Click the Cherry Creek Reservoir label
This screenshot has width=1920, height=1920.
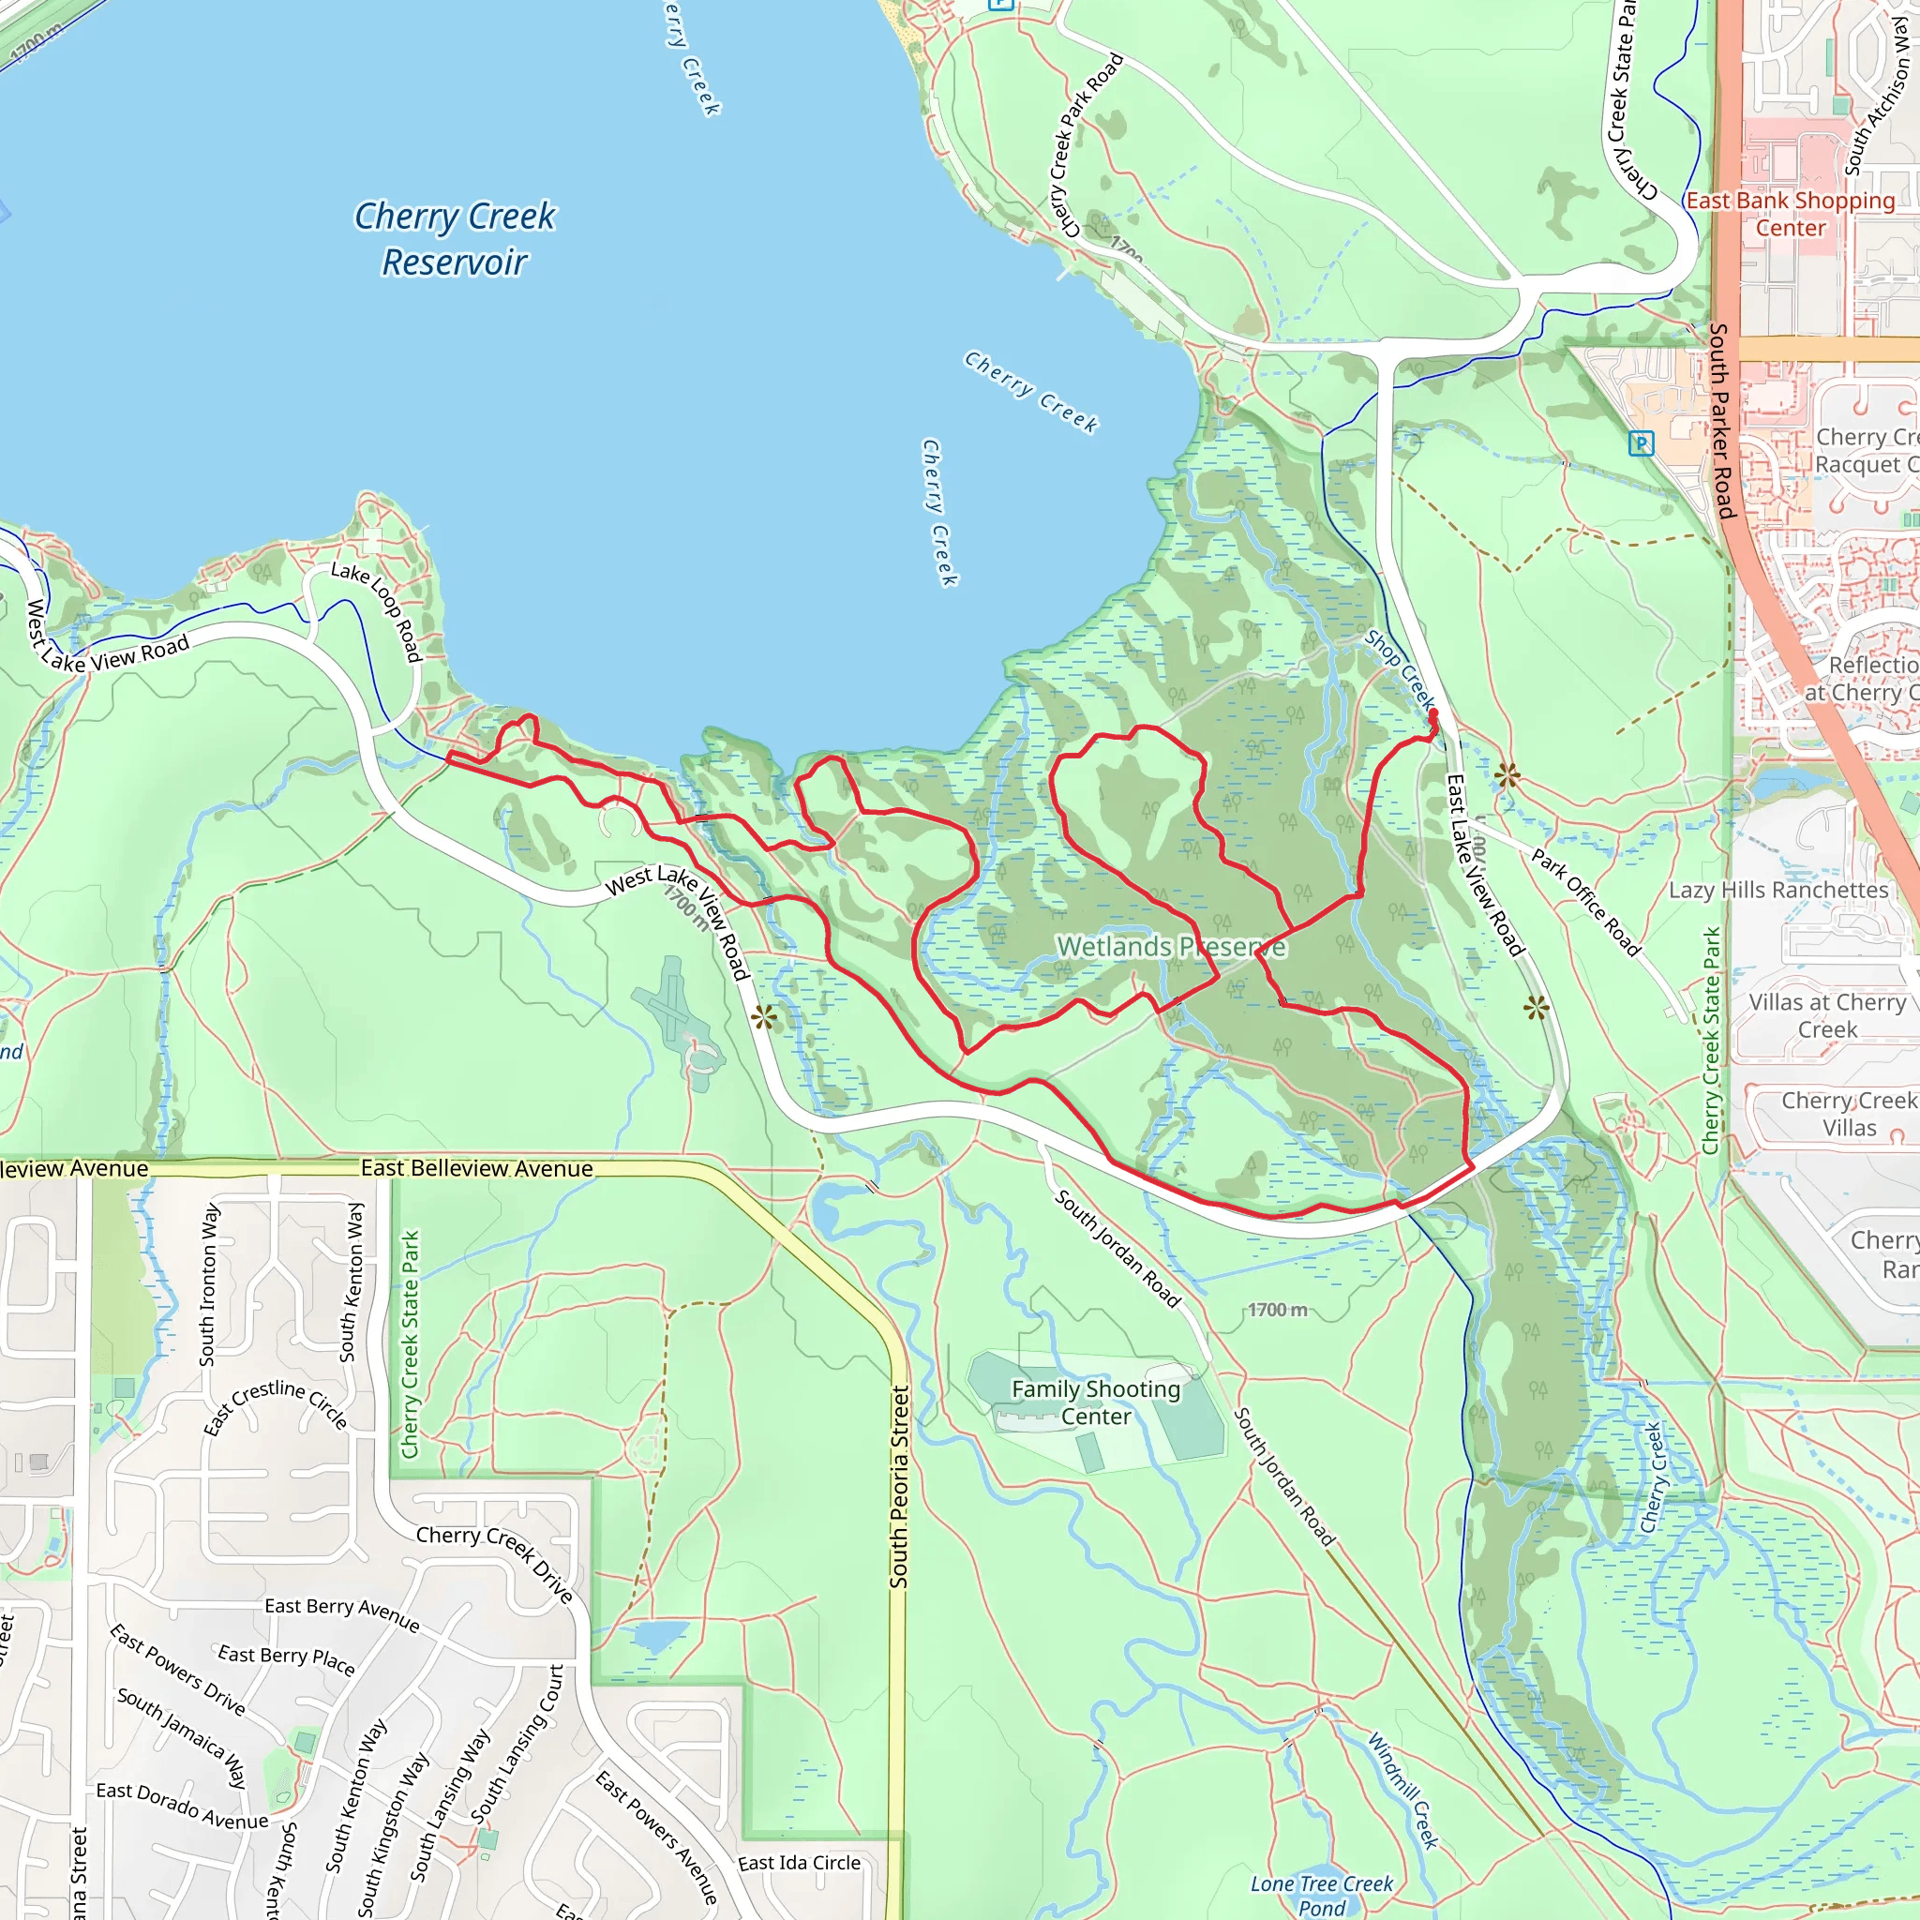(454, 238)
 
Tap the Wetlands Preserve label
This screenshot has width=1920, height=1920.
(1171, 946)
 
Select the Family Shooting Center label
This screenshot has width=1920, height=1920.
(1095, 1402)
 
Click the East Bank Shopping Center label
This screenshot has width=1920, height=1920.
(1790, 214)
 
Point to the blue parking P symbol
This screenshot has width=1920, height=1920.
(1641, 444)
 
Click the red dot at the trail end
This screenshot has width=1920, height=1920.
(1433, 713)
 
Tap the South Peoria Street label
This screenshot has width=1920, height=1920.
(898, 1487)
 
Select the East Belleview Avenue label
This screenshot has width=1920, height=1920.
(476, 1169)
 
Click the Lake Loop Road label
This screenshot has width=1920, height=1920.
(378, 610)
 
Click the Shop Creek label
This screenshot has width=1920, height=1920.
(1401, 668)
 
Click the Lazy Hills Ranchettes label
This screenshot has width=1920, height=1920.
(1777, 891)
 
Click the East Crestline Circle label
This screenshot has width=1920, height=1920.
(276, 1406)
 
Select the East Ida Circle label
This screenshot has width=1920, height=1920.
(799, 1863)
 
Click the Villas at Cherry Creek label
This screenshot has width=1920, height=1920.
(1826, 1015)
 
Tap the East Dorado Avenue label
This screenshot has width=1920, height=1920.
(182, 1806)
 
